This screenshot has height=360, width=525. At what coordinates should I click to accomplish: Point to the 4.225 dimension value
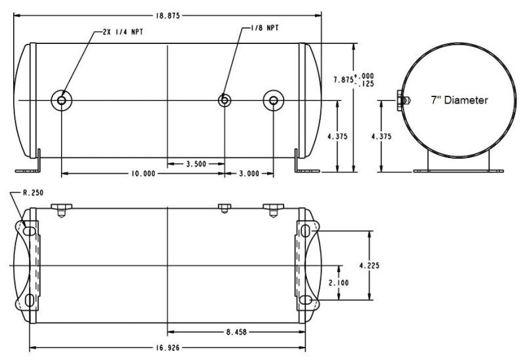386,266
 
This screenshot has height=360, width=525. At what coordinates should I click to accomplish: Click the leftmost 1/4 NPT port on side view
61,100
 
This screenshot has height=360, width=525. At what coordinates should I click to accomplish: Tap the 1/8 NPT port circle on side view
224,100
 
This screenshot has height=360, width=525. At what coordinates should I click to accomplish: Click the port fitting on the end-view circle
402,100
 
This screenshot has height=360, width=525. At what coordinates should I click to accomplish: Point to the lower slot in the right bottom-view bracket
306,300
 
